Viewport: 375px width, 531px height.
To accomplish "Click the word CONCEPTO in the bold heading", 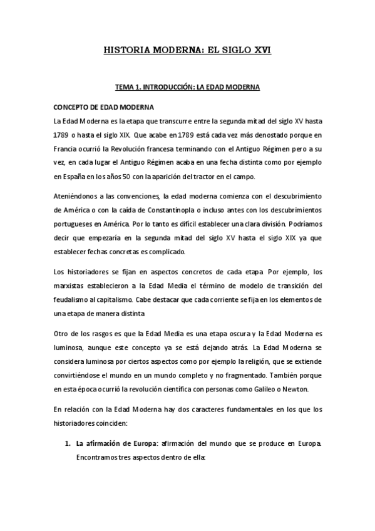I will click(x=71, y=106).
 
